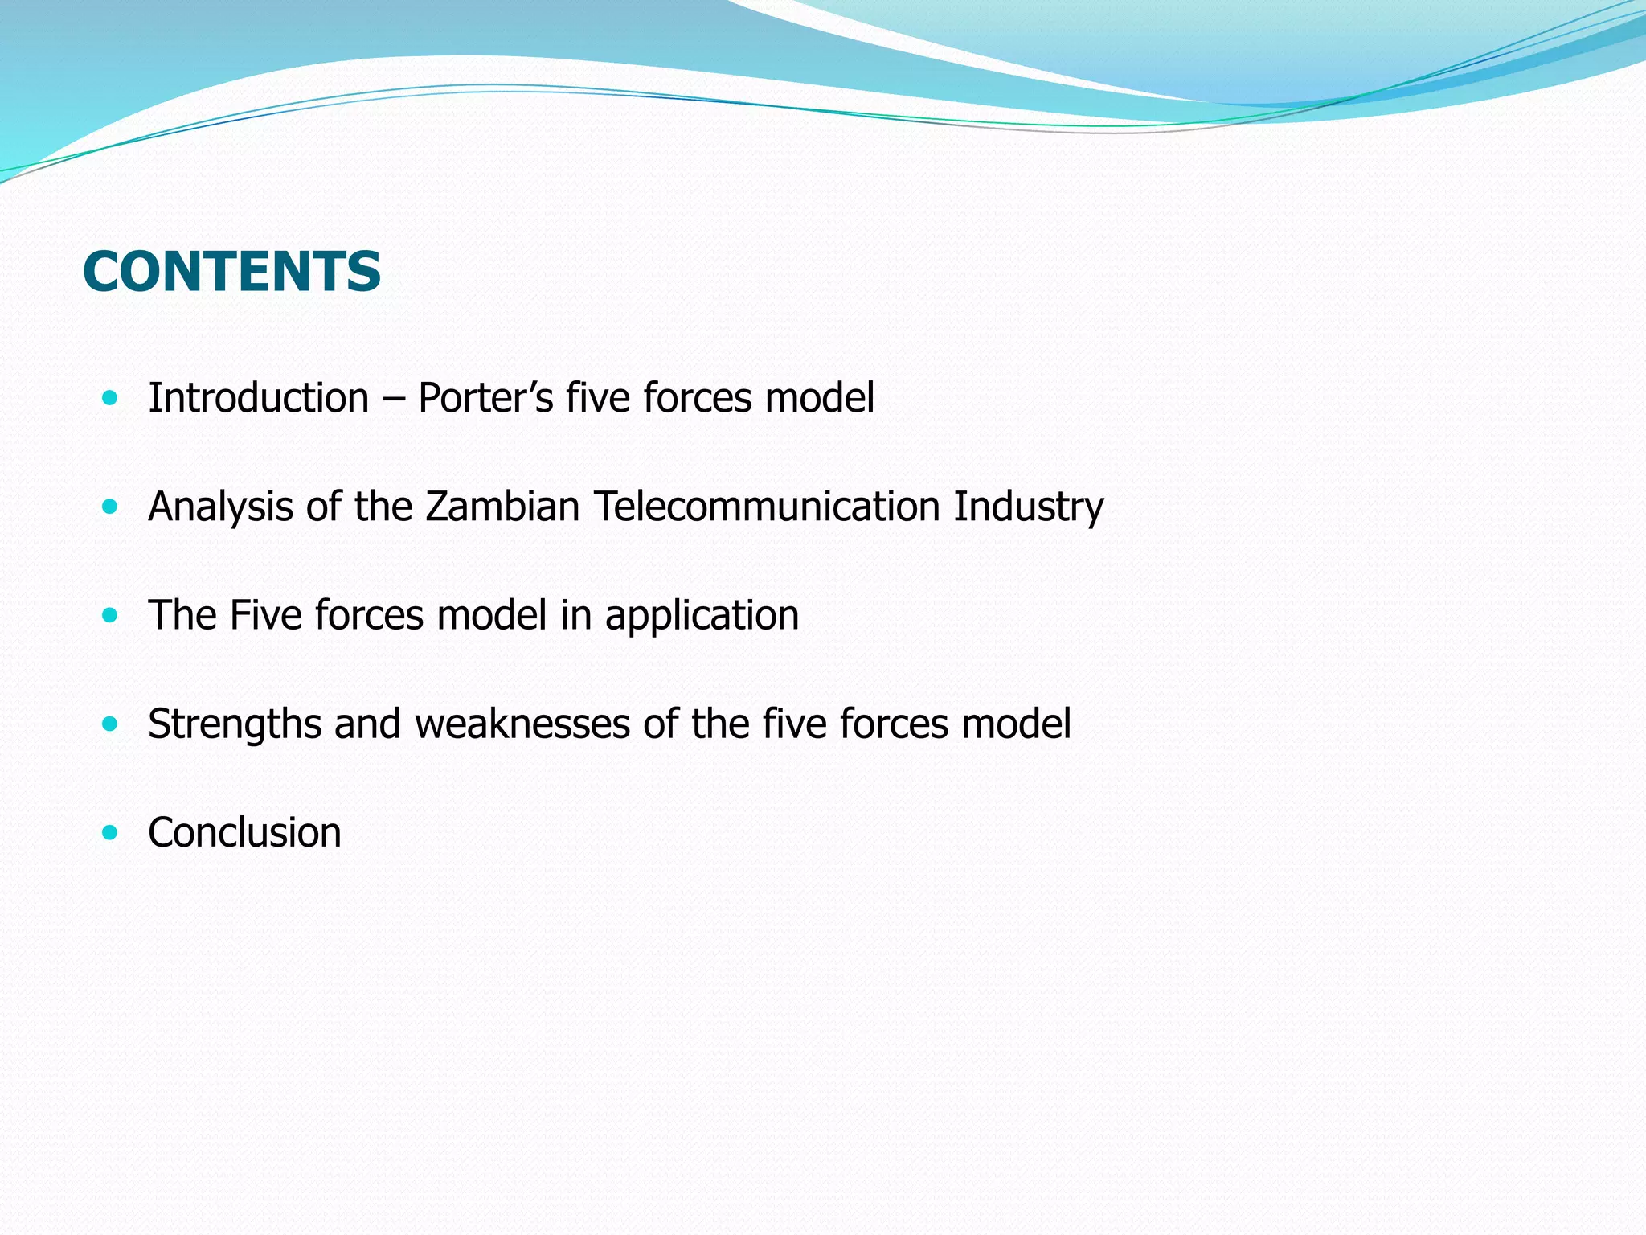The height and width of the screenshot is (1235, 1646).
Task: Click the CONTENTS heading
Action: coord(231,272)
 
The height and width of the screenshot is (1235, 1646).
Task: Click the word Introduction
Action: coord(258,398)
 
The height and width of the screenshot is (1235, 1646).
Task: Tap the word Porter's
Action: coord(485,398)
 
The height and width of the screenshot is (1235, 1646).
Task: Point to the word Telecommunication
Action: coord(767,507)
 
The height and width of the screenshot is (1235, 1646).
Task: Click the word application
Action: coord(702,616)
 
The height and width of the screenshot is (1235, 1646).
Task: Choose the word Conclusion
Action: coord(244,832)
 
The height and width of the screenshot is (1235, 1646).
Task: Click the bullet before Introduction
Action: coord(110,397)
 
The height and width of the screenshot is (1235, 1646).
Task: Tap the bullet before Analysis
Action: coord(110,507)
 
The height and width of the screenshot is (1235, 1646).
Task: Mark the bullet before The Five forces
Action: coord(110,616)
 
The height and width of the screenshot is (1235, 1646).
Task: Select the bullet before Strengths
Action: coord(110,724)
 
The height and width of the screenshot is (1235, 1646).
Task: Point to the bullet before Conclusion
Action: coord(110,832)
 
